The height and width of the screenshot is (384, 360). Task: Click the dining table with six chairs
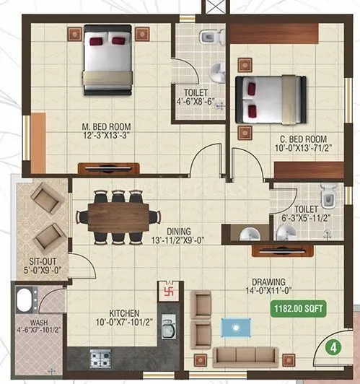(x=119, y=215)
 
